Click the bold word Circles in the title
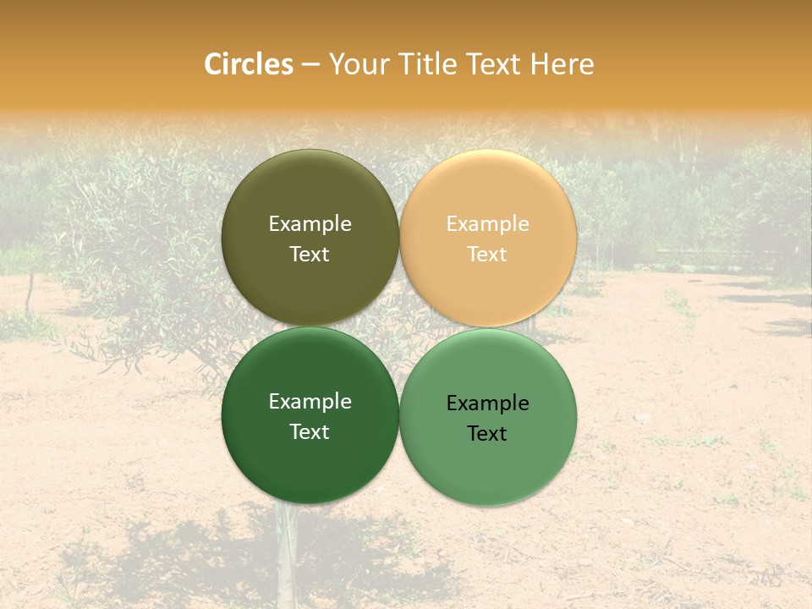(249, 64)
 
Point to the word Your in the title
(359, 64)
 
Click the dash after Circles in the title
(310, 65)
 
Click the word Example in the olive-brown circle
(310, 224)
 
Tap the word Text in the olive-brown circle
(310, 254)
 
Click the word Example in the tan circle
(487, 224)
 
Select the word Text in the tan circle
(487, 254)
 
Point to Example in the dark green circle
(310, 402)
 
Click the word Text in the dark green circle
(310, 431)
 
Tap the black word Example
(487, 403)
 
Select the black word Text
(487, 433)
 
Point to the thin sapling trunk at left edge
(30, 292)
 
